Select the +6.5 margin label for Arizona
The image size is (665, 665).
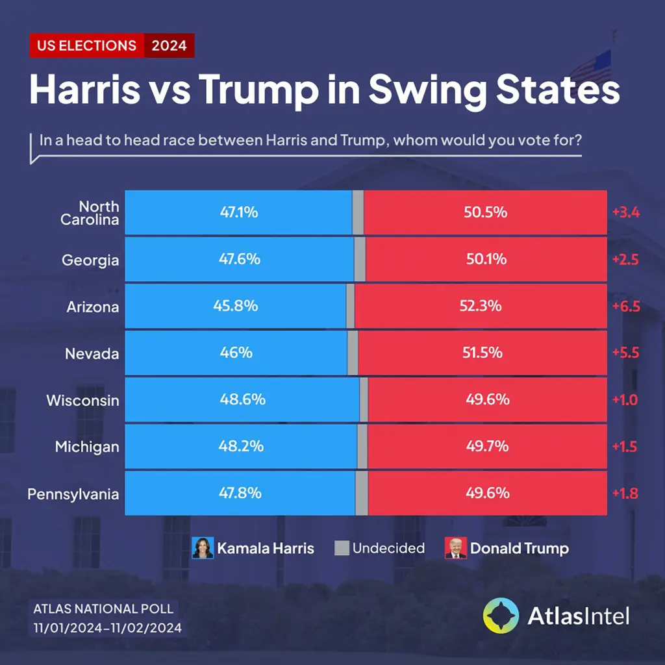[x=625, y=306]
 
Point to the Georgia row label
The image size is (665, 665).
[x=90, y=260]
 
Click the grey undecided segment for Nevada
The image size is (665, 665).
[x=353, y=353]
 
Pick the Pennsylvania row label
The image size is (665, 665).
[x=73, y=494]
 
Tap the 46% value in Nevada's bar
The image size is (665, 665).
[x=236, y=353]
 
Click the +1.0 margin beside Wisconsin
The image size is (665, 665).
[x=625, y=399]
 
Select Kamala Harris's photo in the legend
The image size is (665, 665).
[x=203, y=548]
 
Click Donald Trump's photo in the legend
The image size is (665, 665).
[x=456, y=548]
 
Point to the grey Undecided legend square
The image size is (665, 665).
[x=342, y=547]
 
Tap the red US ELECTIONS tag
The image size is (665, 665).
[x=87, y=45]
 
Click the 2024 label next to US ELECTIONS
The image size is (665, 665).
[x=169, y=45]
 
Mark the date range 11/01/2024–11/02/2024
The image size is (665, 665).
[x=108, y=629]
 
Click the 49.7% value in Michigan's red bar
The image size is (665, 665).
[x=487, y=446]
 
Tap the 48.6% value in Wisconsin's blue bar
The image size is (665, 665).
[x=242, y=399]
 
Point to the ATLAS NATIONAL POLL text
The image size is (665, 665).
[x=103, y=609]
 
